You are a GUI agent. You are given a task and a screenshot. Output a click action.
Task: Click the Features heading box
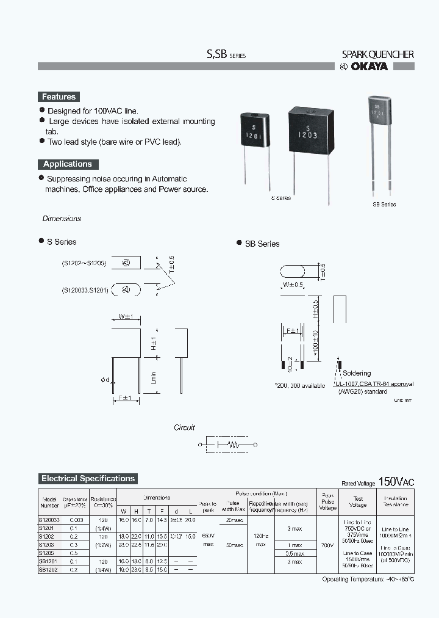(59, 96)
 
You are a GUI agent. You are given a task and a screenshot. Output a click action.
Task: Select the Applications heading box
(67, 164)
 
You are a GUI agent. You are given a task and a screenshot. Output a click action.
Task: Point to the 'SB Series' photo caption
(384, 205)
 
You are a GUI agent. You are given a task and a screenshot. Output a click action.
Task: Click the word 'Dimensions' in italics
(62, 219)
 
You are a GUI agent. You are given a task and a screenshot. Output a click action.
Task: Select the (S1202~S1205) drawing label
(84, 263)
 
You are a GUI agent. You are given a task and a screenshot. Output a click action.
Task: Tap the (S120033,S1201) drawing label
(85, 290)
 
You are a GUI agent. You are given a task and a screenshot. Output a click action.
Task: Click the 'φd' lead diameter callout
(105, 380)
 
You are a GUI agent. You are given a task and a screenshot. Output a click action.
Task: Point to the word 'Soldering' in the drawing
(357, 373)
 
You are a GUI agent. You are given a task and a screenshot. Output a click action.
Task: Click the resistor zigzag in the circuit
(232, 445)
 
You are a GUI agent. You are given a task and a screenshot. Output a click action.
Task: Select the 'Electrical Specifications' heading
(88, 479)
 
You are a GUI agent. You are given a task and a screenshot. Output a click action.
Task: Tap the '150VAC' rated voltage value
(396, 481)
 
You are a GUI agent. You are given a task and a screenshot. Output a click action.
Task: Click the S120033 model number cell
(49, 519)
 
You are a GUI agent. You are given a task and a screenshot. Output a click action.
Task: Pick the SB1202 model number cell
(49, 569)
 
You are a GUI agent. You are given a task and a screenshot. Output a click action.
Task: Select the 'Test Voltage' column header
(358, 501)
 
